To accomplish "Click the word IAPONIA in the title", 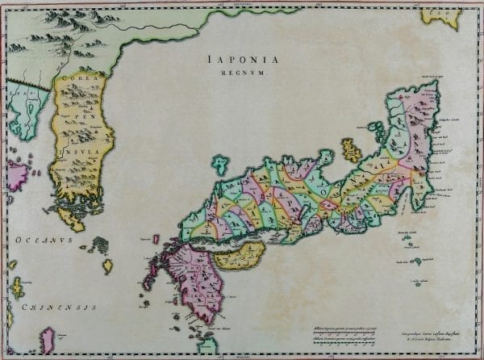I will tap(242, 58).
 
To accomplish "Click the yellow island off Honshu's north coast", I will tap(351, 149).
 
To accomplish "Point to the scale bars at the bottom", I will tap(347, 334).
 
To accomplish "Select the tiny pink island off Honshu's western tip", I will tap(156, 240).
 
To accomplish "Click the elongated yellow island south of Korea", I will tap(107, 265).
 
